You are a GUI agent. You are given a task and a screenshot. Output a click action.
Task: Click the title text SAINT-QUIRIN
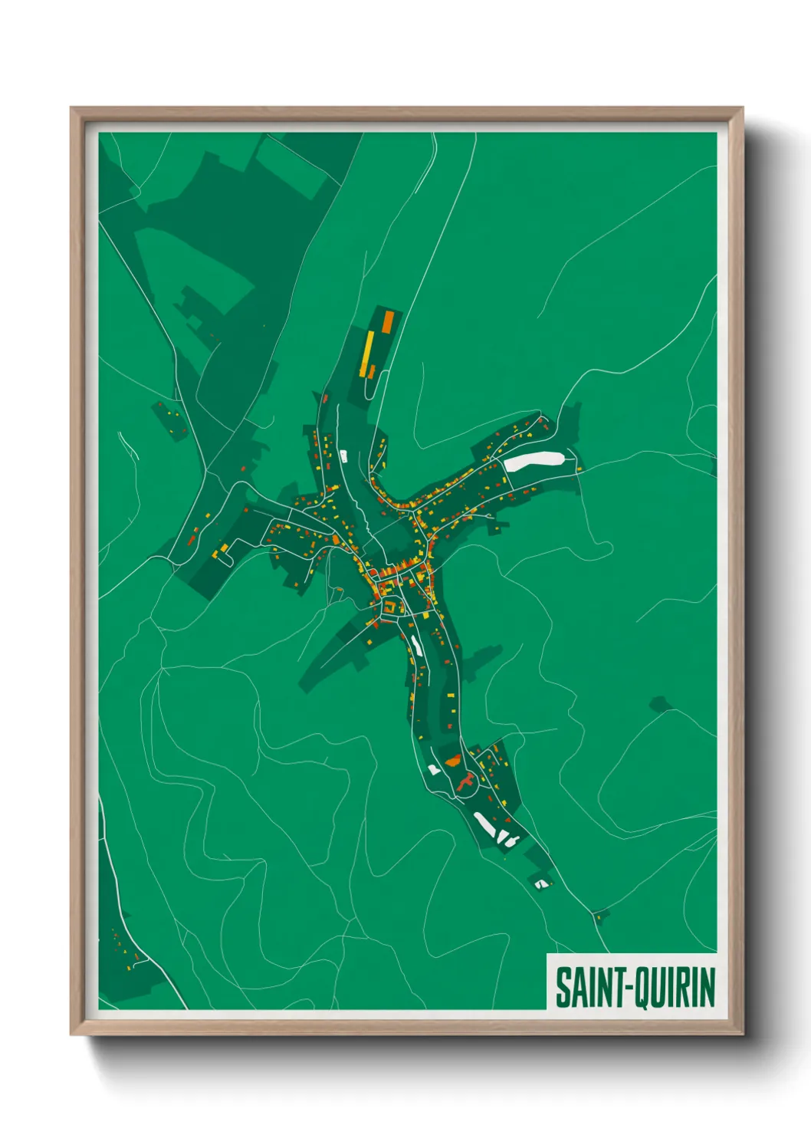635,987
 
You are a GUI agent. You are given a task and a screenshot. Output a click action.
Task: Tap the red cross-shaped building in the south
465,781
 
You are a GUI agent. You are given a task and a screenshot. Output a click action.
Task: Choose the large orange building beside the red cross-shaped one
452,761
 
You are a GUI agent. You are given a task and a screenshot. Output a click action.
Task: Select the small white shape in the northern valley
343,456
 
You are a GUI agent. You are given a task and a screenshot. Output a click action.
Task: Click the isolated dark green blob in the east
658,703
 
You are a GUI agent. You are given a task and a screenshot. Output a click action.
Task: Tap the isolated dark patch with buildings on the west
170,419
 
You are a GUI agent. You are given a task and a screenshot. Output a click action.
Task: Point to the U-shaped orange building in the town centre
390,607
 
